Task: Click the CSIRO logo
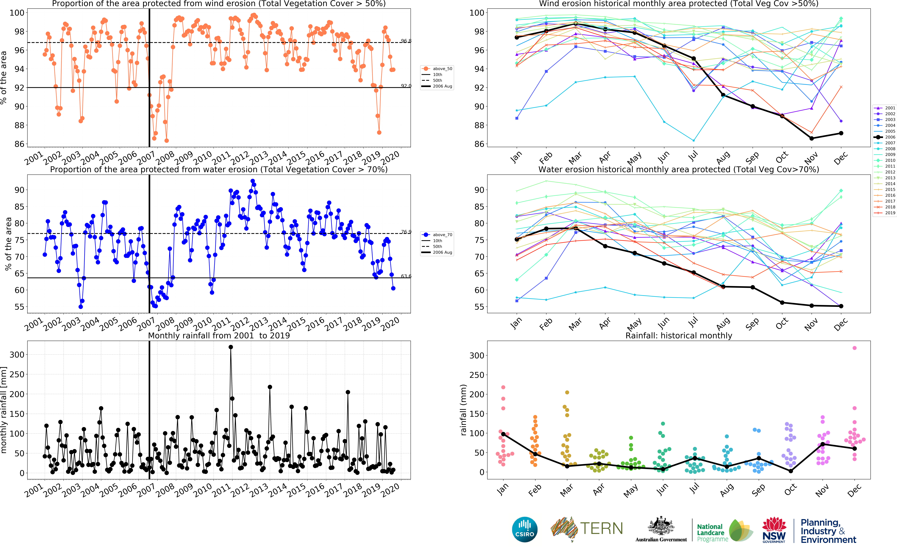pyautogui.click(x=525, y=529)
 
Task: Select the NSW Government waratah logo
pyautogui.click(x=774, y=529)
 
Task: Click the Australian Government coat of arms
pyautogui.click(x=661, y=527)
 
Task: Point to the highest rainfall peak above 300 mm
pyautogui.click(x=231, y=347)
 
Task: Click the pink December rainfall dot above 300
pyautogui.click(x=854, y=348)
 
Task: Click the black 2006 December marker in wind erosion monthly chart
pyautogui.click(x=841, y=133)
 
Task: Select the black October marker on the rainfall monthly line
pyautogui.click(x=791, y=471)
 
